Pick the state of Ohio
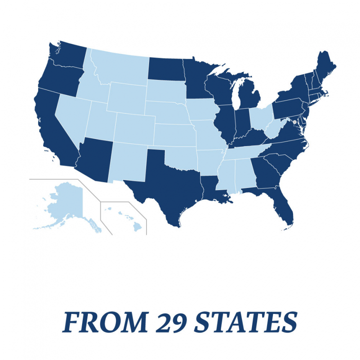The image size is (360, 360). tap(260, 119)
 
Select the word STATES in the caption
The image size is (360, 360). tap(247, 322)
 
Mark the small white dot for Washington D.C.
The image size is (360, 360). tap(294, 122)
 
